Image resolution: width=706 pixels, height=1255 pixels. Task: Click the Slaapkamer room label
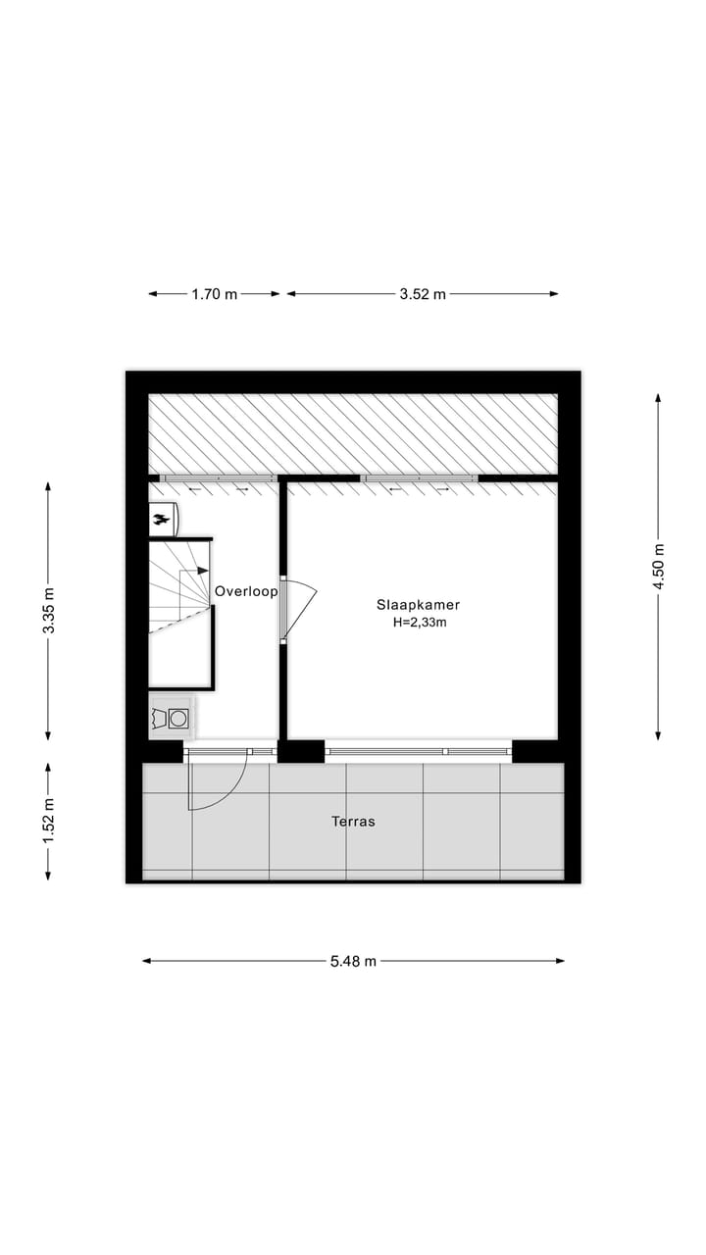[x=418, y=605]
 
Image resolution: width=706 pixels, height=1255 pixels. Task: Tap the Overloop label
[x=246, y=591]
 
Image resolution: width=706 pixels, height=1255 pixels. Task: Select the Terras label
[x=353, y=822]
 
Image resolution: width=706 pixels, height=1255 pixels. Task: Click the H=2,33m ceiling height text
[x=418, y=622]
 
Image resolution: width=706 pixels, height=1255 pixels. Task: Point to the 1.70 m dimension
[x=215, y=293]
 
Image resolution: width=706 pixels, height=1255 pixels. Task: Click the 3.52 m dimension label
[x=422, y=293]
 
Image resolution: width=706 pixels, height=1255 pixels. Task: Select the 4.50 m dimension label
[x=658, y=567]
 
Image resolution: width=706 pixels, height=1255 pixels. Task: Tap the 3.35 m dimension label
[x=48, y=610]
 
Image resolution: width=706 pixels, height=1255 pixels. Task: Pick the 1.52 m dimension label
[x=48, y=822]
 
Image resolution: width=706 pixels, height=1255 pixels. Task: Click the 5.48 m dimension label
[x=353, y=961]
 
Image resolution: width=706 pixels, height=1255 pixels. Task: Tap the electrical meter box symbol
[x=163, y=519]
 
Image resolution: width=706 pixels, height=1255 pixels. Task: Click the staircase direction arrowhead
[x=203, y=571]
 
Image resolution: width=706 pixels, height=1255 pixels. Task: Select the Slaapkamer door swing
[x=299, y=608]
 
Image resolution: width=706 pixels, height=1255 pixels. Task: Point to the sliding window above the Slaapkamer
[x=420, y=479]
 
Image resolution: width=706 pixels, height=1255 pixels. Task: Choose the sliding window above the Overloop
[x=218, y=479]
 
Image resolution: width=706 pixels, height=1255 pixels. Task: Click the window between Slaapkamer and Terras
[x=419, y=751]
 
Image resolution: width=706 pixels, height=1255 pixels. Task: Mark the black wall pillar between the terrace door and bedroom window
[x=301, y=751]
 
